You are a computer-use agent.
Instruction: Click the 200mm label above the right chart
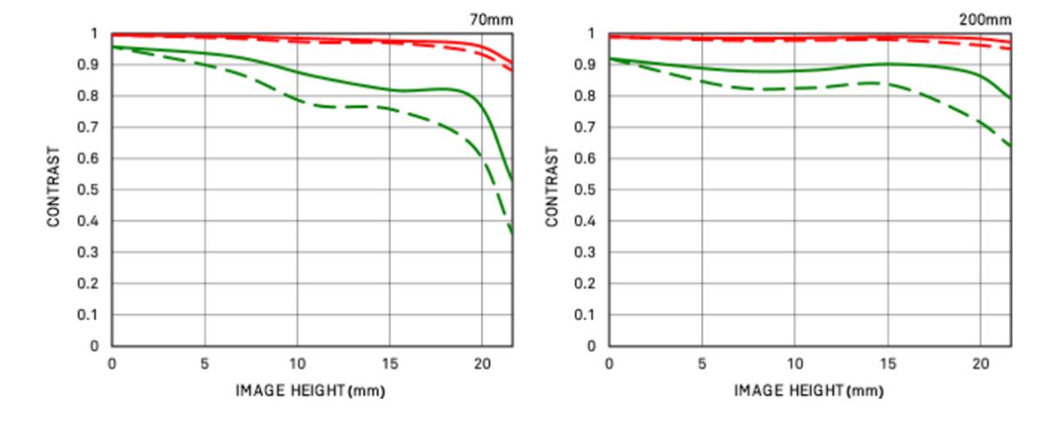[x=991, y=17]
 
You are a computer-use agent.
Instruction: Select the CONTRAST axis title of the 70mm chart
[x=54, y=189]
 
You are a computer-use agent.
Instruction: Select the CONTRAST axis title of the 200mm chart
[x=552, y=189]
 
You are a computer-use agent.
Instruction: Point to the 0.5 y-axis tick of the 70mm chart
[x=93, y=190]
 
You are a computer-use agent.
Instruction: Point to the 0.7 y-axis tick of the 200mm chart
[x=591, y=127]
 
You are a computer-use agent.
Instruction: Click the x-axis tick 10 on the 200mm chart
[x=794, y=363]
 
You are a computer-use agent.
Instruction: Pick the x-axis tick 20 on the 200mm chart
[x=980, y=363]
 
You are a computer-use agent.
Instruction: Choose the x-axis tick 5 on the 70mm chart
[x=204, y=363]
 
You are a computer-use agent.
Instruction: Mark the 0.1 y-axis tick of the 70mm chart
[x=93, y=315]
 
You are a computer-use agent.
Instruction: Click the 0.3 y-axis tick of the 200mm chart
[x=591, y=252]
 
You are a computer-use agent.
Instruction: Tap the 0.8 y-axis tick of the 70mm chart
[x=93, y=96]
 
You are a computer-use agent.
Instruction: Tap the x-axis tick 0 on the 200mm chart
[x=610, y=363]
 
